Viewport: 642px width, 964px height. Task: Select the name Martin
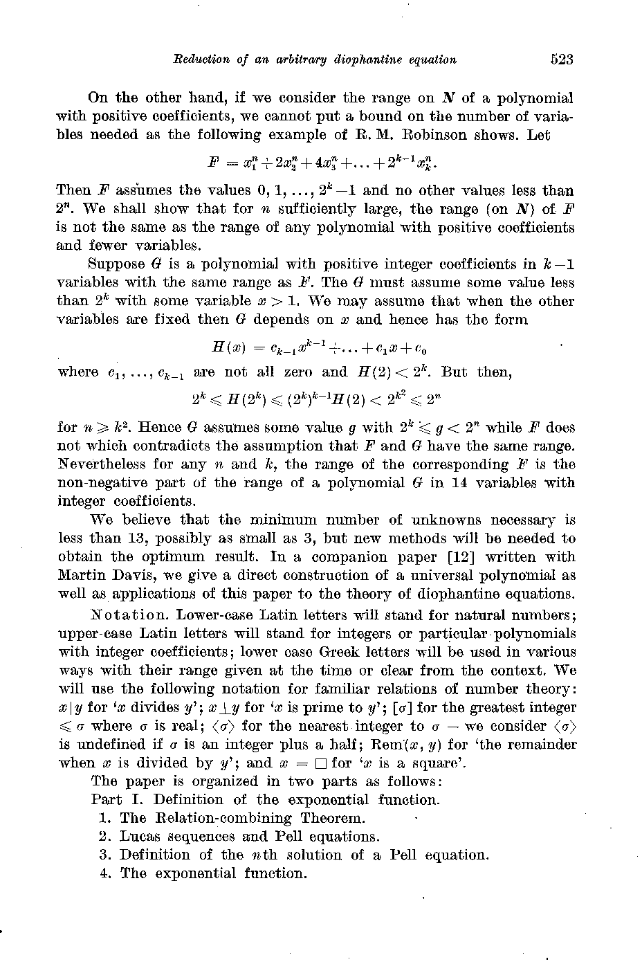click(78, 576)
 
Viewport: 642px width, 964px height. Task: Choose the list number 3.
click(104, 855)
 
